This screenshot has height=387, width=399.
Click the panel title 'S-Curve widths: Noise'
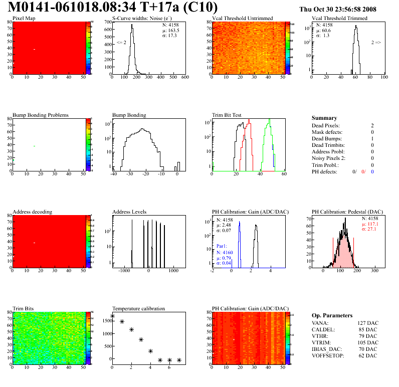(142, 19)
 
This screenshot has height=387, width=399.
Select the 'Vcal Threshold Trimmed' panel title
(339, 19)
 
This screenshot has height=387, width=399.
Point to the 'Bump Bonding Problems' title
(41, 115)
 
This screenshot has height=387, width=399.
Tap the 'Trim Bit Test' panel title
(227, 115)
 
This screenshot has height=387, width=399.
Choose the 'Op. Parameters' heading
(332, 316)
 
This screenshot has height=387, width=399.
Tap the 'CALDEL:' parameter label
(323, 330)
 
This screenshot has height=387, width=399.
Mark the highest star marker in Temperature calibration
(112, 316)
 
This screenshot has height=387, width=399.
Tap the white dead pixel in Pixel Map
(34, 49)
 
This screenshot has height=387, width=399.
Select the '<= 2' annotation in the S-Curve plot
(121, 43)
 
